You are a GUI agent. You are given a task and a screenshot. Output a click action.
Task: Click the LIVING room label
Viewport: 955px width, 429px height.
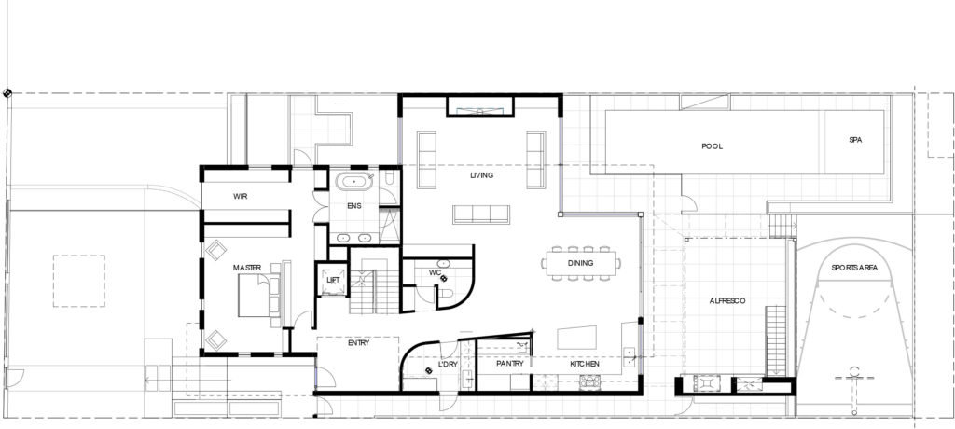click(x=481, y=175)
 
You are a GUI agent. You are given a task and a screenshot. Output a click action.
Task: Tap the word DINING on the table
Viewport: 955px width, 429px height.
click(x=581, y=264)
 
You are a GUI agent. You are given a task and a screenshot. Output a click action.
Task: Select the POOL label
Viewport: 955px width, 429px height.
click(x=713, y=146)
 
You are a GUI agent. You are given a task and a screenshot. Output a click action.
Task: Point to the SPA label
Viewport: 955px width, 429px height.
click(x=855, y=141)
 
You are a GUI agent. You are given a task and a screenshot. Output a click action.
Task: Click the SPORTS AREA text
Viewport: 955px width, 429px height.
click(x=854, y=269)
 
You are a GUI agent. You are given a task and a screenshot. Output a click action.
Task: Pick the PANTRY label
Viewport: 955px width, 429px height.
click(x=512, y=364)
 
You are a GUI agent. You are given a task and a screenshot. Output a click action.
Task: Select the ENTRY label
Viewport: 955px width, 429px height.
click(x=359, y=343)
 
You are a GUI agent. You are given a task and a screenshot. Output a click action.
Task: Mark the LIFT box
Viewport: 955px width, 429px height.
click(x=333, y=279)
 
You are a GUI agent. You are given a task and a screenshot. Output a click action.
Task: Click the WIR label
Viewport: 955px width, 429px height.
click(x=240, y=197)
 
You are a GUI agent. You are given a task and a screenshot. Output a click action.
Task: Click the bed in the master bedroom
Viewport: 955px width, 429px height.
click(x=257, y=297)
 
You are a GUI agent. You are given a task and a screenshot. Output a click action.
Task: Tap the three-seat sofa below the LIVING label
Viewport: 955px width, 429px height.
click(x=481, y=214)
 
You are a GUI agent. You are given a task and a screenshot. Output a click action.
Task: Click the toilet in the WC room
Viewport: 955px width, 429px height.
click(x=446, y=297)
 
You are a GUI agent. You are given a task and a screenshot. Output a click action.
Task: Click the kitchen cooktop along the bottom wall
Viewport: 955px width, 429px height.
click(x=590, y=381)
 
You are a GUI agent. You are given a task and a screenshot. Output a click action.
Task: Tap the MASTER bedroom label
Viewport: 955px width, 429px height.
click(x=246, y=269)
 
